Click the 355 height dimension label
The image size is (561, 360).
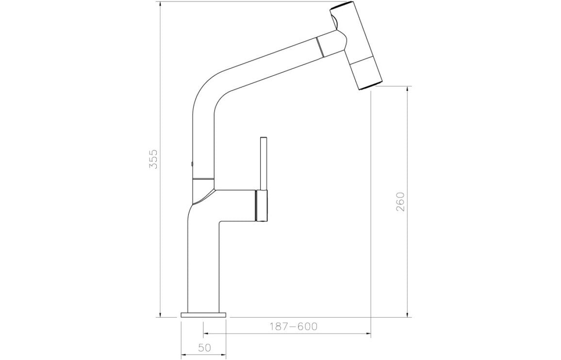click(x=153, y=159)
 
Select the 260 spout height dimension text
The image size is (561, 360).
click(x=400, y=201)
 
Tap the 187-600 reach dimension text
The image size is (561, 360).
click(x=293, y=327)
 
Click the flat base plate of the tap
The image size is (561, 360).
click(x=203, y=315)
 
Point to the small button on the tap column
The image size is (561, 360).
click(x=192, y=164)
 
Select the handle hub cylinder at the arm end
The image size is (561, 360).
click(x=261, y=206)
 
